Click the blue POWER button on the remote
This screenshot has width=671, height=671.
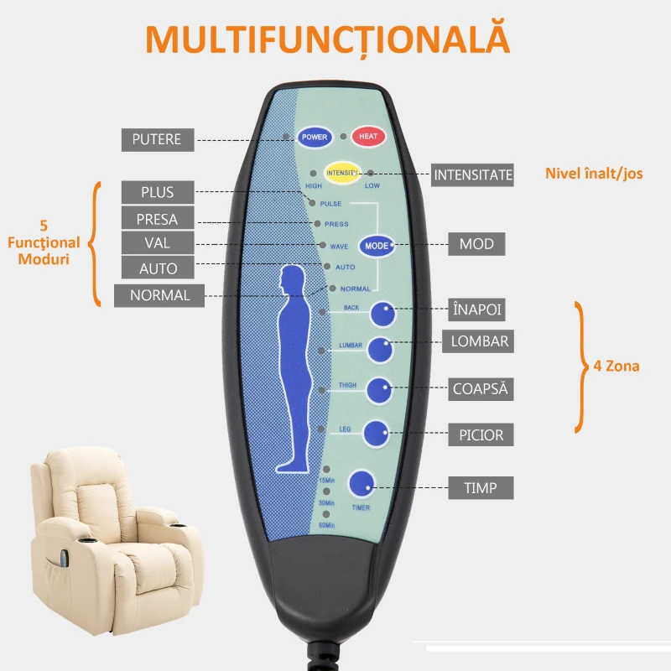point(315,136)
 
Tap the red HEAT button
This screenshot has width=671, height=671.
point(368,136)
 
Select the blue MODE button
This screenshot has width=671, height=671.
point(377,246)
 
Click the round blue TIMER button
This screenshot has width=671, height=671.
point(362,482)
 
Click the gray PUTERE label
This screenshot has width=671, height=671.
point(157,139)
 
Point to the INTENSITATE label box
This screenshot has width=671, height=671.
point(472,175)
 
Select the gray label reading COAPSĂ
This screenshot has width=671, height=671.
point(480,389)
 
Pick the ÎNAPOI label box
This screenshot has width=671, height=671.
point(476,310)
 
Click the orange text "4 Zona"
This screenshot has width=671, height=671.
point(616,366)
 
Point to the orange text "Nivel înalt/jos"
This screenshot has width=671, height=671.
point(594,174)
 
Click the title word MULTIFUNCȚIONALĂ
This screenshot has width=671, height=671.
point(327,39)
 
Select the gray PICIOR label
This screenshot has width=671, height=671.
point(481,435)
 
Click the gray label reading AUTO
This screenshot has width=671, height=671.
point(159,268)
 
